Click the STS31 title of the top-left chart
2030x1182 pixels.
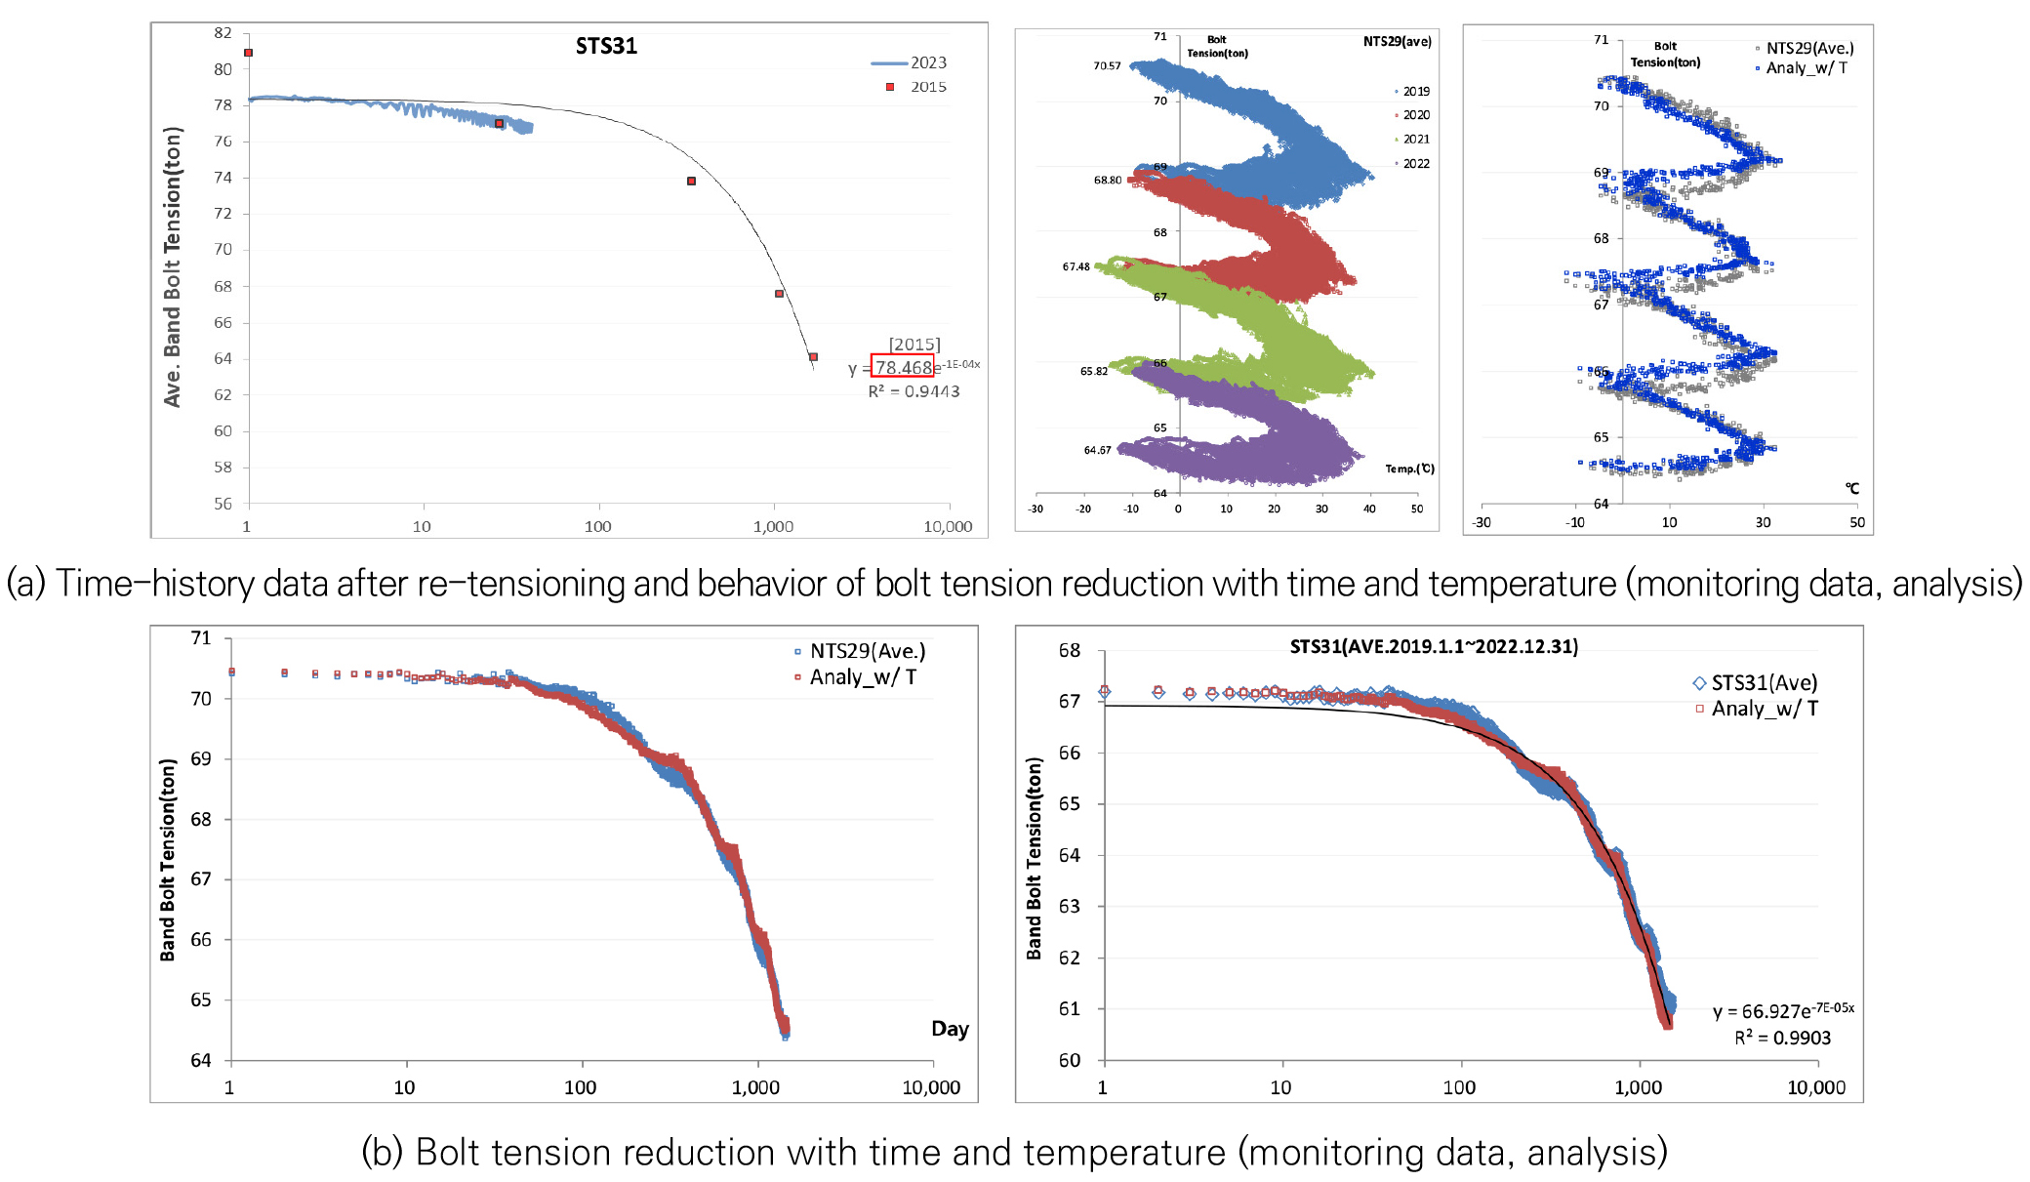(606, 46)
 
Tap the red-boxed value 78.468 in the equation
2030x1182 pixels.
(903, 367)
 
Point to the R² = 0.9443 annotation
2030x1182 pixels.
(913, 391)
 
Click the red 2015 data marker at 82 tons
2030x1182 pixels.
(249, 53)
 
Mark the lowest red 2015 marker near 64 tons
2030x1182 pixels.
(813, 357)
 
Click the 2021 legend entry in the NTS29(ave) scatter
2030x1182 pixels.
(1415, 140)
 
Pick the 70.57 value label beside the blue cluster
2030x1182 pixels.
(1107, 66)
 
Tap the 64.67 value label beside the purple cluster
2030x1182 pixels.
(1097, 450)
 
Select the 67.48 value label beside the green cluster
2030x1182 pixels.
(1076, 266)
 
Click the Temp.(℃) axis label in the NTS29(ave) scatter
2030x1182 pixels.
(1409, 469)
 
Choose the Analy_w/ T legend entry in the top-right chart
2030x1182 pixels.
(1806, 68)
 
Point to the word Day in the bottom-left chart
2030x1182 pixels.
(950, 1029)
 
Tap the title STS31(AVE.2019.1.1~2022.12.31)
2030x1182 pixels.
(1433, 646)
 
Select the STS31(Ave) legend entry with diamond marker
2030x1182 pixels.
(1763, 683)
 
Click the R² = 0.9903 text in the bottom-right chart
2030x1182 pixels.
(1782, 1038)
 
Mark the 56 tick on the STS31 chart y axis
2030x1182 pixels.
(223, 504)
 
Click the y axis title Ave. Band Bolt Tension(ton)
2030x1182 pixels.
(173, 266)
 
